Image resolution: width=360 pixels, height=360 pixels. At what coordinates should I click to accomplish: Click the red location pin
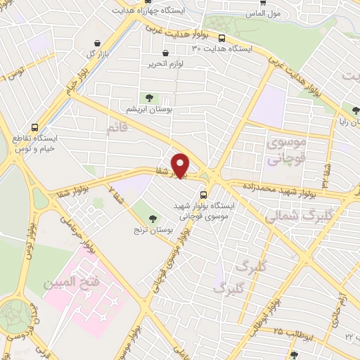click(x=181, y=165)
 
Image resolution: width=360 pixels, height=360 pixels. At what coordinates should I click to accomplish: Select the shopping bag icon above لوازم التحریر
click(x=165, y=53)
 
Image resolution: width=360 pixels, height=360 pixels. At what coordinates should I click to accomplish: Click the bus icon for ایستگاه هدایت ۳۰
click(x=222, y=39)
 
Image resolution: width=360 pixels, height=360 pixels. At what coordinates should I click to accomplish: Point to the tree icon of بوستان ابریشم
click(x=148, y=98)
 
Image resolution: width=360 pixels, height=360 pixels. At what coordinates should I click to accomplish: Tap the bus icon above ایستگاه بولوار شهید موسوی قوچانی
click(x=203, y=195)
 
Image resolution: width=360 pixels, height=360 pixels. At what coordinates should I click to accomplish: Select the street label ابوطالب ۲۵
click(x=285, y=330)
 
